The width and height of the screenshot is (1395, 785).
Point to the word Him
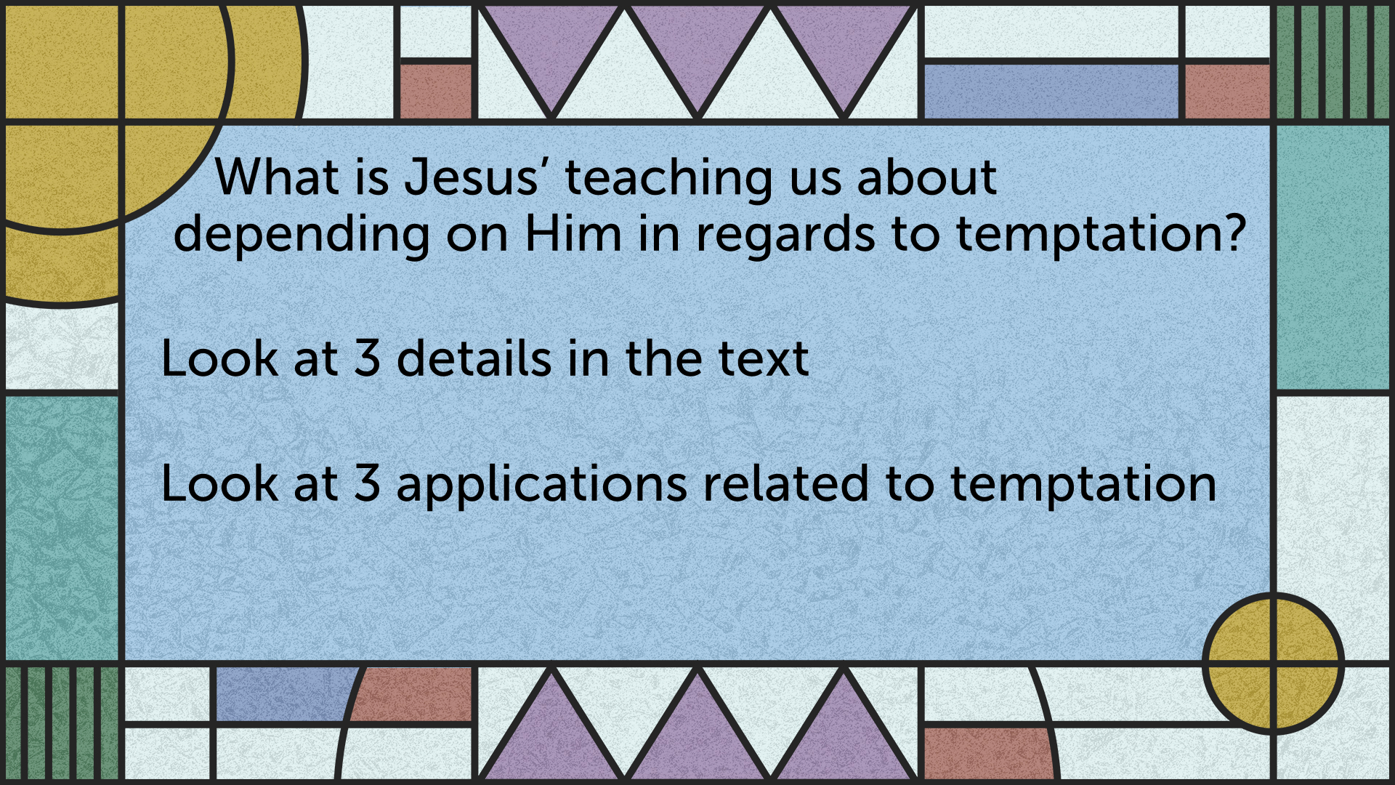[x=573, y=234]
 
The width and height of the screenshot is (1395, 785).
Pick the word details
[x=474, y=358]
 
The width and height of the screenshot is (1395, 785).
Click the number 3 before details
[x=368, y=358]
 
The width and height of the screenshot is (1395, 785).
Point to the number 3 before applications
[x=368, y=483]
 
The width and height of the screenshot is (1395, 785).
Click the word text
[x=764, y=360]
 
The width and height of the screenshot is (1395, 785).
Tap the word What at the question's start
[x=278, y=177]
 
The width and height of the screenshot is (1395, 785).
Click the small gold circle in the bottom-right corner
[x=1273, y=663]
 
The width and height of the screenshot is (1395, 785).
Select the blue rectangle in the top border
[x=1051, y=91]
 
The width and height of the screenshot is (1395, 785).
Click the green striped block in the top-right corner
[x=1333, y=62]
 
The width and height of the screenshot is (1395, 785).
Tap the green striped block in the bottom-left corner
[x=62, y=723]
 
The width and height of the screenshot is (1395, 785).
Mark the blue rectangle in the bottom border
[x=283, y=694]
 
